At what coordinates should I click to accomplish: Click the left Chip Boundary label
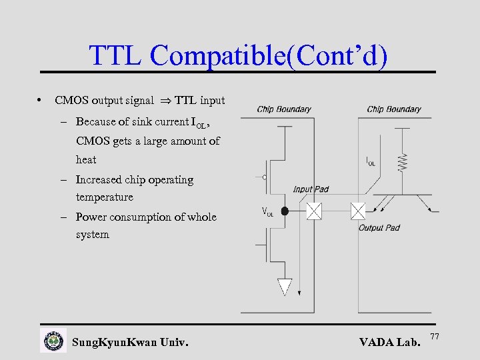pos(283,109)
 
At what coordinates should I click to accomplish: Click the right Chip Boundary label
pos(394,109)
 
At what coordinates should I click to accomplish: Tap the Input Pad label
pos(311,189)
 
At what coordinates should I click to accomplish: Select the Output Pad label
pos(379,228)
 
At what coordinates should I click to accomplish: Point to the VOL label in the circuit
pos(267,213)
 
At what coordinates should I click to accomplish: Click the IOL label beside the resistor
pos(371,161)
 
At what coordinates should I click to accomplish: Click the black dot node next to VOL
pos(285,211)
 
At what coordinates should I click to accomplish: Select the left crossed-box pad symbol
pos(313,211)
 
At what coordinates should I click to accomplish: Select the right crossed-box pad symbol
pos(358,211)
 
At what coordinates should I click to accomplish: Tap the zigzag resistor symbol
pos(402,161)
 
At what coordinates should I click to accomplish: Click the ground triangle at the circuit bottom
pos(285,287)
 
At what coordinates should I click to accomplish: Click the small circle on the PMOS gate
pos(265,177)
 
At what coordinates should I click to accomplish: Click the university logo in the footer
pos(53,341)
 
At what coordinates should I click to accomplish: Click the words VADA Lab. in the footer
pos(389,343)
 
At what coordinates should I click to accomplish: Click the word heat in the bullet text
pos(86,160)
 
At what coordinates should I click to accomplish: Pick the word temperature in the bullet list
pos(105,197)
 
